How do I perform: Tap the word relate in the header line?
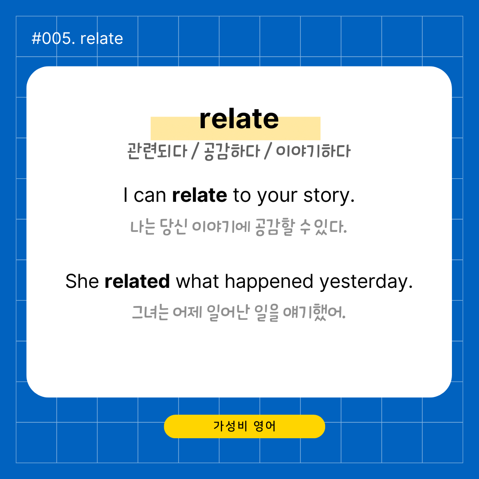[102, 39]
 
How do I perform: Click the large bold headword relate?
[239, 119]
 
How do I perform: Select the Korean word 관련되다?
[157, 151]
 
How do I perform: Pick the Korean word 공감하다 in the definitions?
[232, 151]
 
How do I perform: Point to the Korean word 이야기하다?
[314, 151]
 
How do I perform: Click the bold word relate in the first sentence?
[200, 195]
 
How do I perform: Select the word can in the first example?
[150, 196]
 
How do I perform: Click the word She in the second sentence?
[82, 281]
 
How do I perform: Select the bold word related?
[137, 281]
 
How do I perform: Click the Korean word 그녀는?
[150, 312]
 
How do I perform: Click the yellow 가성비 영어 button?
[244, 426]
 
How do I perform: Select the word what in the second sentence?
[197, 281]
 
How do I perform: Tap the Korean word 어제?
[188, 312]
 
